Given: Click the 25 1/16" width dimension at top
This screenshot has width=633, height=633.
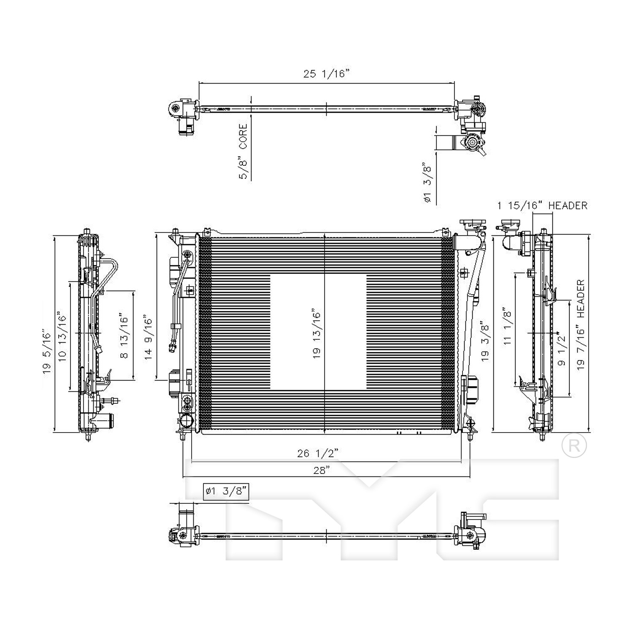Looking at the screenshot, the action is click(x=327, y=74).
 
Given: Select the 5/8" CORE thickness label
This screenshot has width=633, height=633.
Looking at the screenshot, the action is click(x=243, y=151).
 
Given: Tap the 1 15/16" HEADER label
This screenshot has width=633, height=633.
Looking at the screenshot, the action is click(x=542, y=206).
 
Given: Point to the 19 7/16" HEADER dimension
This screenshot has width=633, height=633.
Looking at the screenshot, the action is click(x=582, y=325).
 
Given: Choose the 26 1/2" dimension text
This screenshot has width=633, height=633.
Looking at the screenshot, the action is click(x=318, y=453).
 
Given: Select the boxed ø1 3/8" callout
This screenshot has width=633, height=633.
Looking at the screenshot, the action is click(x=226, y=491).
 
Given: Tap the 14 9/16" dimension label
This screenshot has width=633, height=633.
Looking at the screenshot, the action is click(x=149, y=337).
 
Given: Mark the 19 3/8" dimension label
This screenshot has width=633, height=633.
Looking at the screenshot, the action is click(x=485, y=342).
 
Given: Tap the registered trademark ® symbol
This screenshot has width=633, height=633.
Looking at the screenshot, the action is click(x=574, y=446).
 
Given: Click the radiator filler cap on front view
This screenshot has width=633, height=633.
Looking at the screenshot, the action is click(x=472, y=224).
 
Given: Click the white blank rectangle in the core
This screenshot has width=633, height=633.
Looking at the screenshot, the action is click(x=318, y=332).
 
